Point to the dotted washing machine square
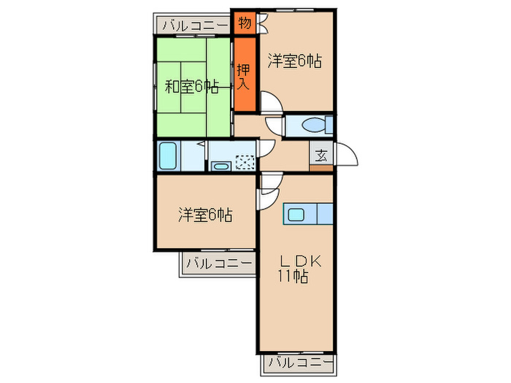pyautogui.click(x=245, y=162)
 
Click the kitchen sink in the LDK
pyautogui.click(x=298, y=214)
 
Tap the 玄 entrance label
pyautogui.click(x=321, y=155)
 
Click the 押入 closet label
pyautogui.click(x=244, y=76)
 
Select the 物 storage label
pyautogui.click(x=245, y=23)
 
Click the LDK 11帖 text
pyautogui.click(x=295, y=269)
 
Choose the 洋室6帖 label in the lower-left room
pyautogui.click(x=205, y=215)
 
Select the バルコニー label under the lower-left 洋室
pyautogui.click(x=217, y=263)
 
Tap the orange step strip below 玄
pyautogui.click(x=321, y=169)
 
